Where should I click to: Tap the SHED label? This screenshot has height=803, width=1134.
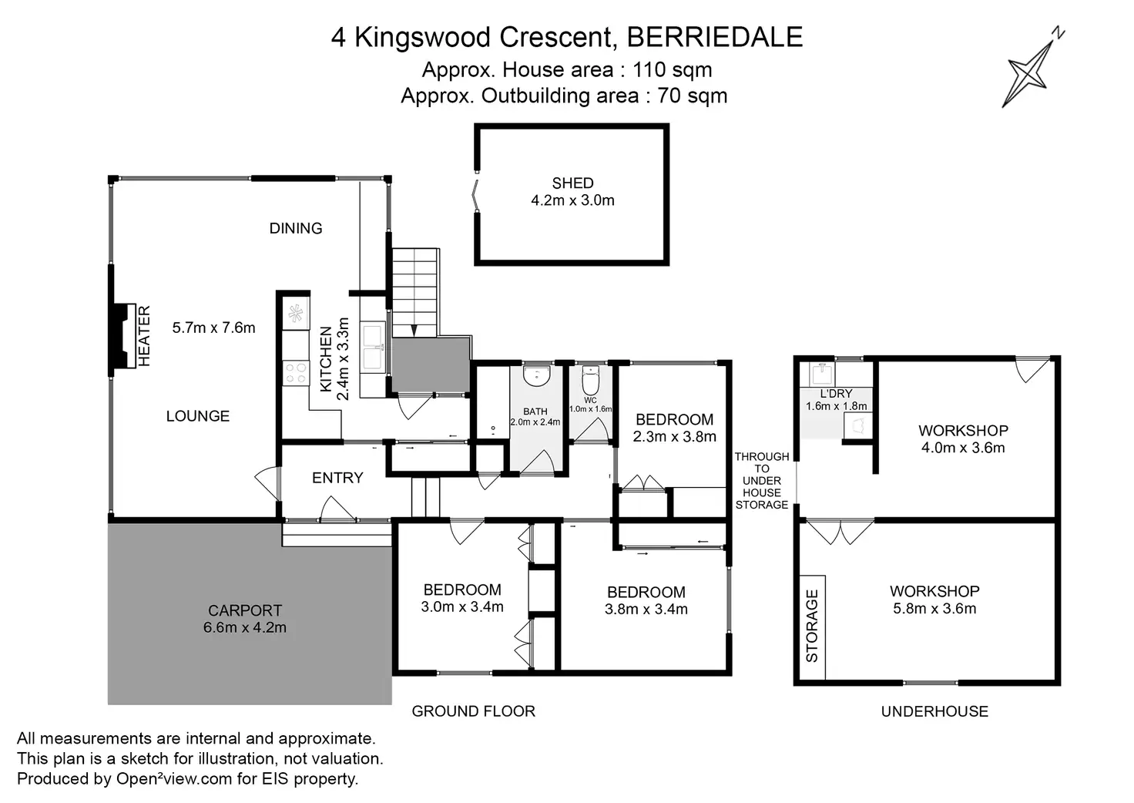coord(572,183)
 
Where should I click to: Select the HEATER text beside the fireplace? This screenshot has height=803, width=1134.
coord(144,335)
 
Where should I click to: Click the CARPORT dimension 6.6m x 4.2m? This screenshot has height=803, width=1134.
coord(244,628)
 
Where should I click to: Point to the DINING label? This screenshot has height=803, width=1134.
coord(296,228)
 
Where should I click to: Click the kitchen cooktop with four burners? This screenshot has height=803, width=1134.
coord(296,373)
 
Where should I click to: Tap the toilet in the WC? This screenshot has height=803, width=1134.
coord(591,380)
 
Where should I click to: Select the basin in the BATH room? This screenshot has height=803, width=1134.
coord(536,376)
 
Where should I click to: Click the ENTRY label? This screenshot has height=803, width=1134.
coord(337,478)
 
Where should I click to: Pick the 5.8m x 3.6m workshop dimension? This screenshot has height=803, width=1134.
coord(934,609)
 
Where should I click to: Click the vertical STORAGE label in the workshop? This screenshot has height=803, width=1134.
coord(812,626)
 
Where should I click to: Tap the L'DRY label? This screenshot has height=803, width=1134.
coord(836,394)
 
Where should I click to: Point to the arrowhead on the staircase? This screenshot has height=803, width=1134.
coord(414,330)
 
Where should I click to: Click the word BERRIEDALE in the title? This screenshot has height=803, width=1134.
coord(715,37)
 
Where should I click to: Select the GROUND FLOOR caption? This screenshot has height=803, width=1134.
coord(473,711)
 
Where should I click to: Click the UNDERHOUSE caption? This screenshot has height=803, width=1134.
coord(934,711)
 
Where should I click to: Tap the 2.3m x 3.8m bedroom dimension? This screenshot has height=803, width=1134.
coord(675,437)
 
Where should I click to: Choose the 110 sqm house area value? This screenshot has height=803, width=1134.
coord(672,70)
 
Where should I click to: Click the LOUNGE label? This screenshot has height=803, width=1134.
coord(198,416)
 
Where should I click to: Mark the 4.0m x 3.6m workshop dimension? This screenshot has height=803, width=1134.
coord(963,448)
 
